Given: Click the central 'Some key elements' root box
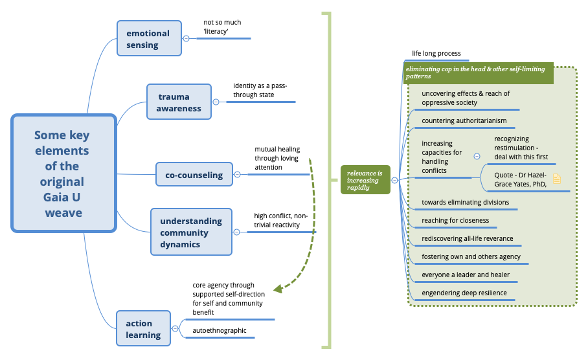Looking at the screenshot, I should pos(63,173).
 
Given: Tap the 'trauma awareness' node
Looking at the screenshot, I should pos(179,102).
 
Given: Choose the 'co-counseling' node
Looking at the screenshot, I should pos(194,175).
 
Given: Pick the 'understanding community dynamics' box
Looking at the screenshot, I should pos(191,232).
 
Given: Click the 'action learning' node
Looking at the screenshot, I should pos(143,329).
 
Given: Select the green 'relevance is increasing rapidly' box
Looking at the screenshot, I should pos(365,180).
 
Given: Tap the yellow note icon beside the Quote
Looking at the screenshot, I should pos(557,179).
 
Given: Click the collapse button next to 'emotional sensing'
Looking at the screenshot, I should pos(186,39).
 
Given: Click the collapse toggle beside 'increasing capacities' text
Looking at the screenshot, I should pos(477,156).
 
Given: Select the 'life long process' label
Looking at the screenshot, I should pos(436,54).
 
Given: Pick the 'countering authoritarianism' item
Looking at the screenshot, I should pos(464,120).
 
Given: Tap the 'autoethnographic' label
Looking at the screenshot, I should pos(220,330).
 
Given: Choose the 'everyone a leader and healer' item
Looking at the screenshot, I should pos(466,275).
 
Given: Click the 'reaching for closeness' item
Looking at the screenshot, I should pos(455,220).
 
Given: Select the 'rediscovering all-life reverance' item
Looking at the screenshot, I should pos(467,238).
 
